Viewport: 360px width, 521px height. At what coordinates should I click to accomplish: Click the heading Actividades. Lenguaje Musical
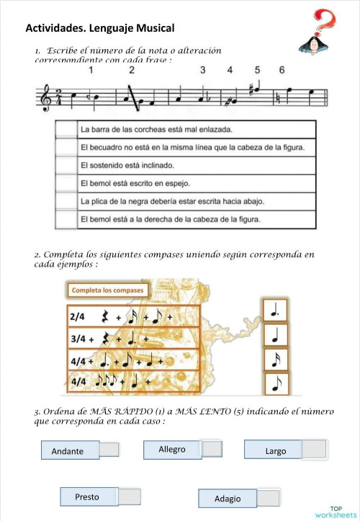(x=100, y=28)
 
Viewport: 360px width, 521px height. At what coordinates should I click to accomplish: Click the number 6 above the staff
(x=282, y=71)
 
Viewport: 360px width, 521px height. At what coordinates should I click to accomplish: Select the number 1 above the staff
(x=92, y=71)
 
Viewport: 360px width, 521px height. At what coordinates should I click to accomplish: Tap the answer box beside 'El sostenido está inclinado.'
(x=66, y=165)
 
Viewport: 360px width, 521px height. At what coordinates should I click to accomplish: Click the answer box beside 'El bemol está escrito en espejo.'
(x=66, y=183)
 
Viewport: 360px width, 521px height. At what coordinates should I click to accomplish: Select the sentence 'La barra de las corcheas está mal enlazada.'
(x=162, y=130)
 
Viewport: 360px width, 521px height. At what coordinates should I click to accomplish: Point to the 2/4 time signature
(x=78, y=316)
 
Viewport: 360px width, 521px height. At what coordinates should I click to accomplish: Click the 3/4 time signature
(x=78, y=337)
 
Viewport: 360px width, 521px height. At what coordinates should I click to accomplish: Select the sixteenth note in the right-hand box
(x=273, y=360)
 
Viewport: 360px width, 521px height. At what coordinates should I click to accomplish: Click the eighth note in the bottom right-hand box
(x=273, y=385)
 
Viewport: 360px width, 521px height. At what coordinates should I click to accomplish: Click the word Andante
(x=68, y=452)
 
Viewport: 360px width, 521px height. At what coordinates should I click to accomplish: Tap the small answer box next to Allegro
(x=212, y=449)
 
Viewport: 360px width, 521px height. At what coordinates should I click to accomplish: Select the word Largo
(x=276, y=451)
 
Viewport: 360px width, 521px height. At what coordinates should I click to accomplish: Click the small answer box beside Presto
(x=129, y=496)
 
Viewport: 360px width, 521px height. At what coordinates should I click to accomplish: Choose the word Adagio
(x=228, y=499)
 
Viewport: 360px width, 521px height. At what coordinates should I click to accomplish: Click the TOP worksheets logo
(x=335, y=512)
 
